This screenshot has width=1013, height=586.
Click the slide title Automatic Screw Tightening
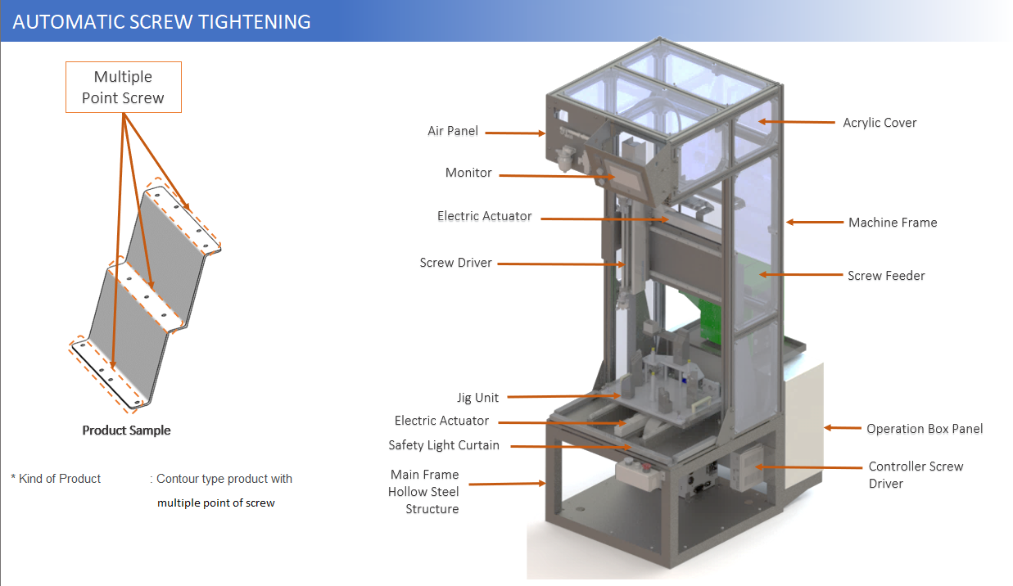(x=162, y=21)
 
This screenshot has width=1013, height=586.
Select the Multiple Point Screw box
(x=124, y=88)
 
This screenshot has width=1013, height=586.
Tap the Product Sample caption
(x=126, y=430)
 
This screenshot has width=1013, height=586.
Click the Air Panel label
(x=453, y=131)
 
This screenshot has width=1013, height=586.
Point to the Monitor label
(x=468, y=173)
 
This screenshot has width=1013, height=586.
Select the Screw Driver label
(x=456, y=263)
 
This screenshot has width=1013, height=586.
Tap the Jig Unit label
(x=477, y=398)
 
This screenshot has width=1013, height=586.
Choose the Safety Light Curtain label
(x=444, y=445)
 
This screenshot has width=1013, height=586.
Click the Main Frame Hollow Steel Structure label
(x=424, y=491)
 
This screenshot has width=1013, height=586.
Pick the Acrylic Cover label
(x=880, y=123)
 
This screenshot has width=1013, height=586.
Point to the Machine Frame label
(x=893, y=222)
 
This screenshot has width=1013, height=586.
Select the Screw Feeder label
(x=886, y=276)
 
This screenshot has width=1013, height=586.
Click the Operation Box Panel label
(x=925, y=429)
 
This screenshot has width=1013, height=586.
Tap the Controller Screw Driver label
(x=916, y=475)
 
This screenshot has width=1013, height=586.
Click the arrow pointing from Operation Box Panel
(x=840, y=427)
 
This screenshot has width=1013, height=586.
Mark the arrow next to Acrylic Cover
(x=794, y=122)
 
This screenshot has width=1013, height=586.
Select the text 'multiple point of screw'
(x=216, y=503)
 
